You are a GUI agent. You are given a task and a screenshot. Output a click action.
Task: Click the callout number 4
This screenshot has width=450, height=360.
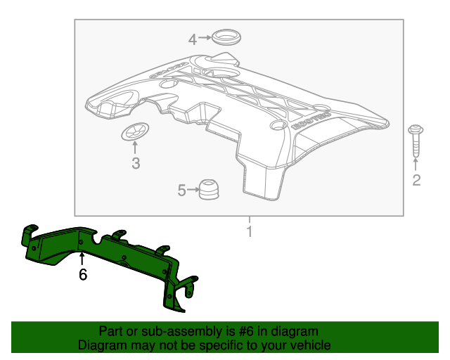click(192, 39)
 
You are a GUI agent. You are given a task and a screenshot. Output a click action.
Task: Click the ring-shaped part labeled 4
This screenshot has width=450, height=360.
click(224, 37)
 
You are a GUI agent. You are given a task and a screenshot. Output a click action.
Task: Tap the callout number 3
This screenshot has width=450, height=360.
click(136, 165)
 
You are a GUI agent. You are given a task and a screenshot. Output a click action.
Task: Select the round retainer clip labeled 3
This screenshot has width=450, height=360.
click(135, 131)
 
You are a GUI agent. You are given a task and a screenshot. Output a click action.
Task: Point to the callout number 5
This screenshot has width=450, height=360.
click(181, 190)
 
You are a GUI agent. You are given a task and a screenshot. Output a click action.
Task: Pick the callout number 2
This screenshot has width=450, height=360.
click(416, 181)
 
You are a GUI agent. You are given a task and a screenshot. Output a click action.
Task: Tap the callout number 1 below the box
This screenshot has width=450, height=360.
click(248, 231)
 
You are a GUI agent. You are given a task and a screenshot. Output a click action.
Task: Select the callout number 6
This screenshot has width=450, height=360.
click(83, 275)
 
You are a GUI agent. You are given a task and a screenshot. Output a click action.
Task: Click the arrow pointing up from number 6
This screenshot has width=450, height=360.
click(82, 259)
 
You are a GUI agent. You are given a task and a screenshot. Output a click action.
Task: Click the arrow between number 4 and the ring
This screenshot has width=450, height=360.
click(204, 39)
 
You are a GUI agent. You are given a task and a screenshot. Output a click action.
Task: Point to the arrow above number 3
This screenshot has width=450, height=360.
click(135, 149)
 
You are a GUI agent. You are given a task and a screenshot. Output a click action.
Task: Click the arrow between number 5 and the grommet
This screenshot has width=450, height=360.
click(193, 190)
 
